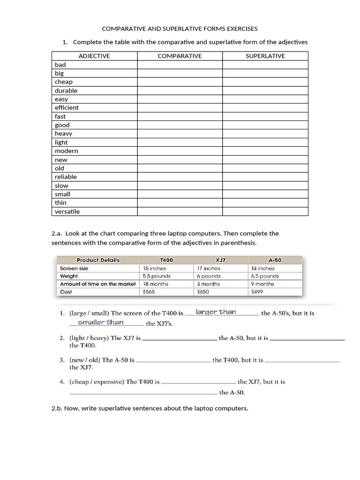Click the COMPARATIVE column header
coord(180,56)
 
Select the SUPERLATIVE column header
coord(265,56)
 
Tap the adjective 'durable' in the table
coord(66,90)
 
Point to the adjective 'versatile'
coord(67,211)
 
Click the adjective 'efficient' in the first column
coord(67,108)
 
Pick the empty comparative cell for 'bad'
coord(180,65)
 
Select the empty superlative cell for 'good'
coord(265,125)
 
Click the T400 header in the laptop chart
coord(166,260)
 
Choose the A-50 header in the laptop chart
coord(275,260)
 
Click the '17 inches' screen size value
coord(209,269)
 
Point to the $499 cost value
coord(257,292)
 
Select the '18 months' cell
coord(156,284)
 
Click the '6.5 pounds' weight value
coord(265,276)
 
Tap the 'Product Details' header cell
coord(98,260)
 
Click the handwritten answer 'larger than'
coord(216,312)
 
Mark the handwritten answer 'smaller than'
coord(101,322)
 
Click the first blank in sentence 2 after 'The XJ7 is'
coord(180,338)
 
